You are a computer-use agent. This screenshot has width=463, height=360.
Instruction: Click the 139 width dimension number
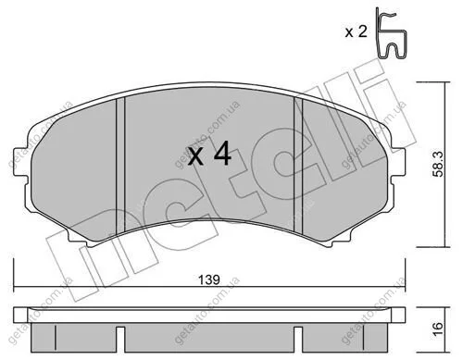[208, 279]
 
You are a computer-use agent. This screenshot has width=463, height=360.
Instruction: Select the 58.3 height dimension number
[438, 164]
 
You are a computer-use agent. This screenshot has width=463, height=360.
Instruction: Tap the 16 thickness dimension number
[438, 329]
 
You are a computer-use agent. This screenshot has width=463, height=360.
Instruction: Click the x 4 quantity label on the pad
[210, 154]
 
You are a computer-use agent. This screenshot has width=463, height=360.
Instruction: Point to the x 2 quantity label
[356, 31]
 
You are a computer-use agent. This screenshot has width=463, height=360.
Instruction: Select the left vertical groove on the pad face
[120, 165]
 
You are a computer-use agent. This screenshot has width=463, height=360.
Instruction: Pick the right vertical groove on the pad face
[298, 165]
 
